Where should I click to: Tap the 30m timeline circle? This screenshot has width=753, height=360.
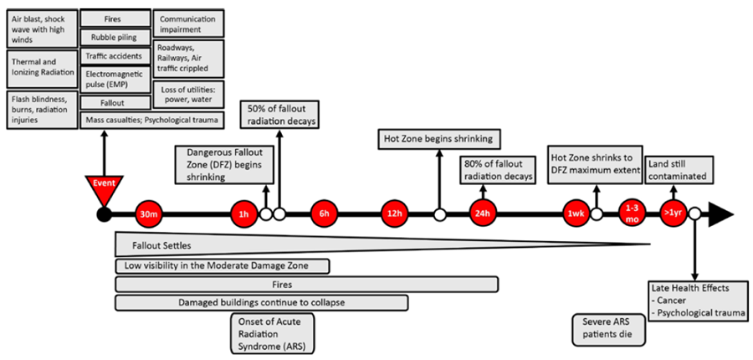[148, 214]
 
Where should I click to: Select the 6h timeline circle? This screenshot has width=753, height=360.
[324, 214]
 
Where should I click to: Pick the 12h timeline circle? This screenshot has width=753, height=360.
[394, 214]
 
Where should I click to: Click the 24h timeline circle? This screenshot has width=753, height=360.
[482, 214]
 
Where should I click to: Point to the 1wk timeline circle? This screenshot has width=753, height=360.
[576, 214]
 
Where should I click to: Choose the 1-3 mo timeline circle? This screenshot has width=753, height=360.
[632, 214]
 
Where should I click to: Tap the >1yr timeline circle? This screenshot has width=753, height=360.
[673, 214]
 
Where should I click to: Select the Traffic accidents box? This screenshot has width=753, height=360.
[115, 56]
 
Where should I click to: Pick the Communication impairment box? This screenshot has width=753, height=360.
[188, 23]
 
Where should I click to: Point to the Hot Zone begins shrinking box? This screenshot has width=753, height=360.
[439, 139]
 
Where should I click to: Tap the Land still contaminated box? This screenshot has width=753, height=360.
[677, 170]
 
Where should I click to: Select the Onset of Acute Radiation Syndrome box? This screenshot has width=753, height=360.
[272, 333]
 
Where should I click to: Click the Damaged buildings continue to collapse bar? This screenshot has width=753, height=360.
[262, 303]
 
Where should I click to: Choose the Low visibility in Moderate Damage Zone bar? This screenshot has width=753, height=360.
[223, 265]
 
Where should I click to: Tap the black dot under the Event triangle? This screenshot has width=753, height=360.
[103, 214]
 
